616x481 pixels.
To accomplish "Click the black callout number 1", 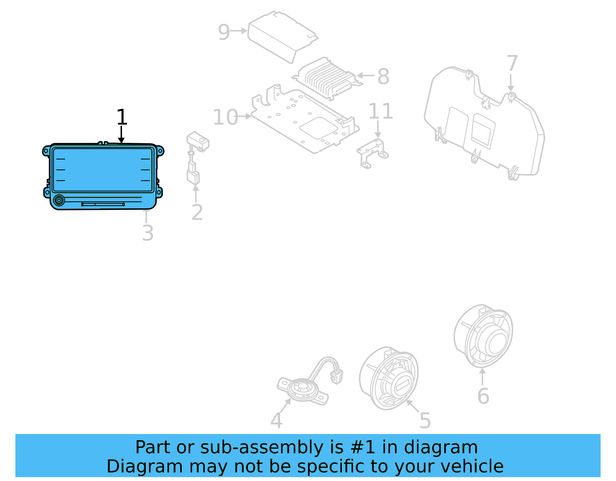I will coord(122,117).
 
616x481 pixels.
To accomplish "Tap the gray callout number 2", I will coord(197,213).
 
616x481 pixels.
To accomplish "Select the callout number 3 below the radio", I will coord(148,233).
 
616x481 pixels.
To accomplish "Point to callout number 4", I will coord(276,420).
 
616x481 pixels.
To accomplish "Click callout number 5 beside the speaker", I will coord(425,420).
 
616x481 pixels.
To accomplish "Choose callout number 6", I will coord(483,396).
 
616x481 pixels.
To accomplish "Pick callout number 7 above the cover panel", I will coord(512,64).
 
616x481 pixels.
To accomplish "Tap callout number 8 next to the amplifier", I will coord(383,76).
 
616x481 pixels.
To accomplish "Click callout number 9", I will coord(224,32).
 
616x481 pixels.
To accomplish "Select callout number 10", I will coord(226,117).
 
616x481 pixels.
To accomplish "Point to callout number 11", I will coord(380,111).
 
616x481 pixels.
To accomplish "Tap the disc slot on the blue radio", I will coord(103,204).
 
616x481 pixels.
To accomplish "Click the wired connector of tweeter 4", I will coord(336,376).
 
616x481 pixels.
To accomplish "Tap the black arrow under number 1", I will coord(121,135).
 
